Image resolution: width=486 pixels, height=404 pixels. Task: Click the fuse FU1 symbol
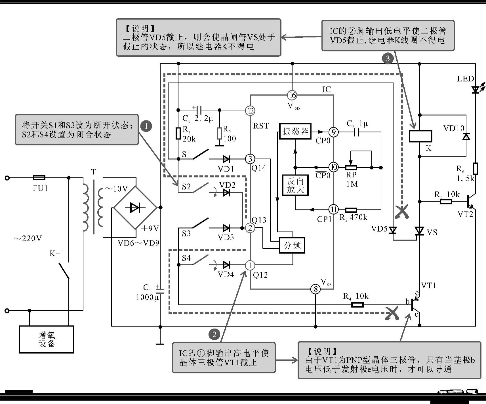pyautogui.click(x=39, y=178)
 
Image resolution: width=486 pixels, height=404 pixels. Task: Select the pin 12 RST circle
pyautogui.click(x=250, y=111)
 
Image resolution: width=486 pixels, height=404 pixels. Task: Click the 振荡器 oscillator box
pyautogui.click(x=295, y=131)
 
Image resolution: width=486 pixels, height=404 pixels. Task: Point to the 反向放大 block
pyautogui.click(x=295, y=185)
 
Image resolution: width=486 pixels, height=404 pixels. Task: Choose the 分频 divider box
pyautogui.click(x=292, y=245)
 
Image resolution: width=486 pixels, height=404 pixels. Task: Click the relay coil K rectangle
pyautogui.click(x=420, y=136)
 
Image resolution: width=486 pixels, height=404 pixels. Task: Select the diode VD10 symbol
pyautogui.click(x=466, y=136)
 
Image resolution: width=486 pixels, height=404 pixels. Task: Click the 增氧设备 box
pyautogui.click(x=47, y=339)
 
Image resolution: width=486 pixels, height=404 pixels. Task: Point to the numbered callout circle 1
pyautogui.click(x=146, y=126)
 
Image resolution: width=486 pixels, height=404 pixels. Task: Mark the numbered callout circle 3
pyautogui.click(x=388, y=59)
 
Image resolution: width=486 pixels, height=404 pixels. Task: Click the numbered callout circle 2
pyautogui.click(x=214, y=334)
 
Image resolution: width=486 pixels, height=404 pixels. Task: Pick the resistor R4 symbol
pyautogui.click(x=357, y=305)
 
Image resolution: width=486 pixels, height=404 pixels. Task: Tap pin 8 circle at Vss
pyautogui.click(x=315, y=289)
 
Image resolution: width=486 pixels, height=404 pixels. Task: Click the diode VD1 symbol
pyautogui.click(x=226, y=159)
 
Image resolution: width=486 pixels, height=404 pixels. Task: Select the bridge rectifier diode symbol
pyautogui.click(x=135, y=208)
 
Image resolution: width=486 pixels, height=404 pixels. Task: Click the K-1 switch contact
pyautogui.click(x=64, y=271)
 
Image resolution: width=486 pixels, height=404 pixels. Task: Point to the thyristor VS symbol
pyautogui.click(x=420, y=231)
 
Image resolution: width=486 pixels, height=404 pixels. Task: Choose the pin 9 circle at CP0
pyautogui.click(x=334, y=132)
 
